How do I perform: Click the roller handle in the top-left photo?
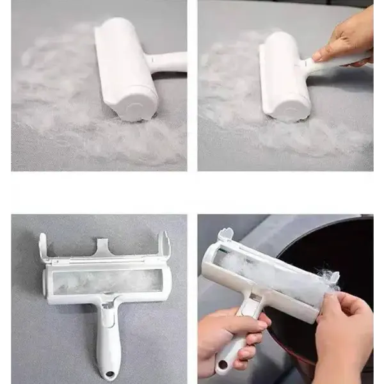(168, 62)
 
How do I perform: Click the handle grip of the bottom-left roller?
(106, 339)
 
